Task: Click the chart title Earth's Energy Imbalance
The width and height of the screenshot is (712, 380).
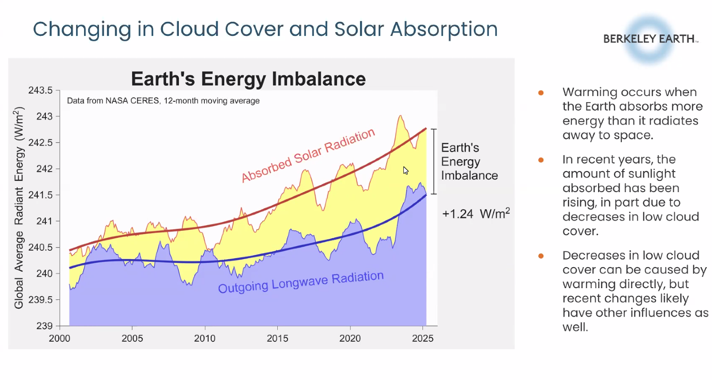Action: pyautogui.click(x=248, y=79)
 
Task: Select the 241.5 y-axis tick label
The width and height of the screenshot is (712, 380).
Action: pyautogui.click(x=40, y=194)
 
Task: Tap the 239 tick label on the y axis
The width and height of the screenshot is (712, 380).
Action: pyautogui.click(x=44, y=326)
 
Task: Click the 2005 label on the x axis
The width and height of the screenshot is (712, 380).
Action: pyautogui.click(x=132, y=339)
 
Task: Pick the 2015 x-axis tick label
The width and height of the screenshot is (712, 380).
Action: pyautogui.click(x=277, y=339)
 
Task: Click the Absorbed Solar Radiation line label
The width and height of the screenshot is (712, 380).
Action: pyautogui.click(x=308, y=156)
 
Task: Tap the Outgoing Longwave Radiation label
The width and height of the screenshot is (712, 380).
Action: pyautogui.click(x=301, y=282)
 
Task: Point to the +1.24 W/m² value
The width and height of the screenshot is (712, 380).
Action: pyautogui.click(x=476, y=214)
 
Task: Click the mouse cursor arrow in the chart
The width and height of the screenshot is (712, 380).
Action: pyautogui.click(x=406, y=171)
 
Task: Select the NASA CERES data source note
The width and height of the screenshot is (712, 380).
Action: pyautogui.click(x=163, y=101)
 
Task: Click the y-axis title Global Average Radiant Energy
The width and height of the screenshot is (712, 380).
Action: pyautogui.click(x=19, y=208)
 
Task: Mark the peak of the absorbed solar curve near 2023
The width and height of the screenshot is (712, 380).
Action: pyautogui.click(x=401, y=116)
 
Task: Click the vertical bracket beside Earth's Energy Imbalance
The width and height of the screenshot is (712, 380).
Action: pyautogui.click(x=434, y=162)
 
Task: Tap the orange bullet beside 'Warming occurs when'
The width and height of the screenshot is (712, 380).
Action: pyautogui.click(x=541, y=93)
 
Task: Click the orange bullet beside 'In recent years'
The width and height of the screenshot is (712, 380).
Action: pyautogui.click(x=541, y=160)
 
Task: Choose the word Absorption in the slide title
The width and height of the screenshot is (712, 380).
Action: pyautogui.click(x=444, y=29)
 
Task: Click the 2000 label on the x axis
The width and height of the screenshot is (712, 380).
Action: pyautogui.click(x=59, y=339)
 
